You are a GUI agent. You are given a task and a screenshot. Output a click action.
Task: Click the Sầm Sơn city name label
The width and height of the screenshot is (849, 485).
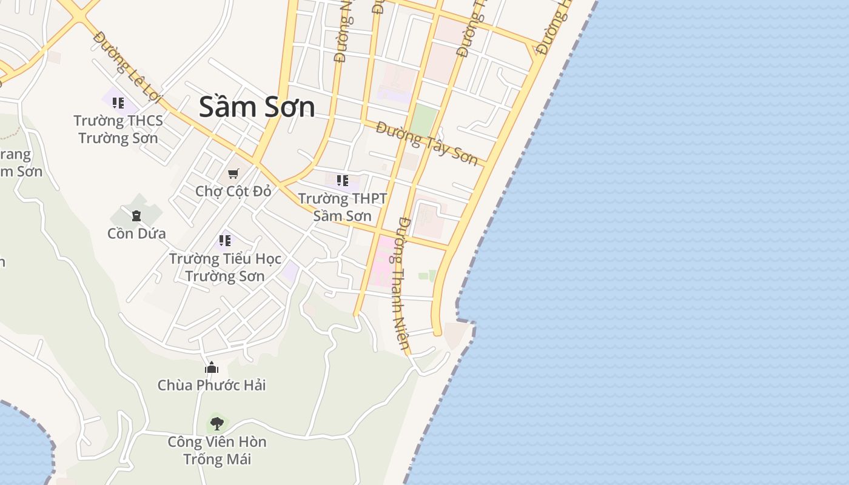click(x=257, y=107)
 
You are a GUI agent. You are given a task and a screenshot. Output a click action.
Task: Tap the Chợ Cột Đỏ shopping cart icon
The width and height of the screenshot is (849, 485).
click(x=233, y=173)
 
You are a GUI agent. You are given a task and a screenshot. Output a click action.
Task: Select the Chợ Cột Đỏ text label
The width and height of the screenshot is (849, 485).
click(x=233, y=191)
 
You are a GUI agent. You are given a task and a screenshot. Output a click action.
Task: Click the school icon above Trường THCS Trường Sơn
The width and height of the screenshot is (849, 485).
click(x=118, y=102)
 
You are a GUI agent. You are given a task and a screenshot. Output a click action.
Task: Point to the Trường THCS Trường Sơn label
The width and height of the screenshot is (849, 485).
click(x=118, y=129)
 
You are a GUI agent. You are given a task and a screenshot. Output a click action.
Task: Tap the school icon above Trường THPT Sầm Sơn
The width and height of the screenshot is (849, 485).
click(x=343, y=180)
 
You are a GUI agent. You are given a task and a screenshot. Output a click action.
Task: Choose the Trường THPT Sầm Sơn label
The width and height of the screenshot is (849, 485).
click(x=343, y=207)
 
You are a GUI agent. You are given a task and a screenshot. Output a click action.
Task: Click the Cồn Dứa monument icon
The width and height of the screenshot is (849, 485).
click(x=136, y=215)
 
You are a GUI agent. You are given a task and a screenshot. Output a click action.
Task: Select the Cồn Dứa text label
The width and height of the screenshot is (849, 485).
click(x=136, y=233)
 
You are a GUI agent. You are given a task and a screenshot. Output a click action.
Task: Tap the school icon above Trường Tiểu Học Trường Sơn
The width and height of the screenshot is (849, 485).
click(x=225, y=241)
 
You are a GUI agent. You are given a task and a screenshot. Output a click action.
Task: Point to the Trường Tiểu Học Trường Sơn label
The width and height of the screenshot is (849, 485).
click(x=225, y=267)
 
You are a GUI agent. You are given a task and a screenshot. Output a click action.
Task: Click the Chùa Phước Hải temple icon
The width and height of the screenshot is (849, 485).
click(x=212, y=367)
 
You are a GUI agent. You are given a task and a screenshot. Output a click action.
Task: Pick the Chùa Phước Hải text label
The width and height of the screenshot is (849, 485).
click(x=212, y=385)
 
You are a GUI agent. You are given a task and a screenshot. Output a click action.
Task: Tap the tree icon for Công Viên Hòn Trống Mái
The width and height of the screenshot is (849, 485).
click(x=216, y=423)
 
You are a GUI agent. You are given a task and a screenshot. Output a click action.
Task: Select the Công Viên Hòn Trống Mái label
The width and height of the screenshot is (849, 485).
click(x=217, y=450)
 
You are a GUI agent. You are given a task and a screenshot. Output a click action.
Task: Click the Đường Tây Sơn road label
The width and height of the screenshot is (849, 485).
click(x=427, y=142)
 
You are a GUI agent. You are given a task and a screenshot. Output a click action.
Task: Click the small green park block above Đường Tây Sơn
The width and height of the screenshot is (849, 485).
click(x=424, y=120)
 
